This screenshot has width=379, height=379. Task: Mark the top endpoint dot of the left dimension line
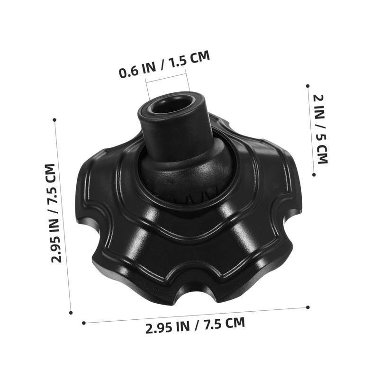[x=54, y=120]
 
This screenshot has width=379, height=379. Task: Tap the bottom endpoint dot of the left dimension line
[x=71, y=313]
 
